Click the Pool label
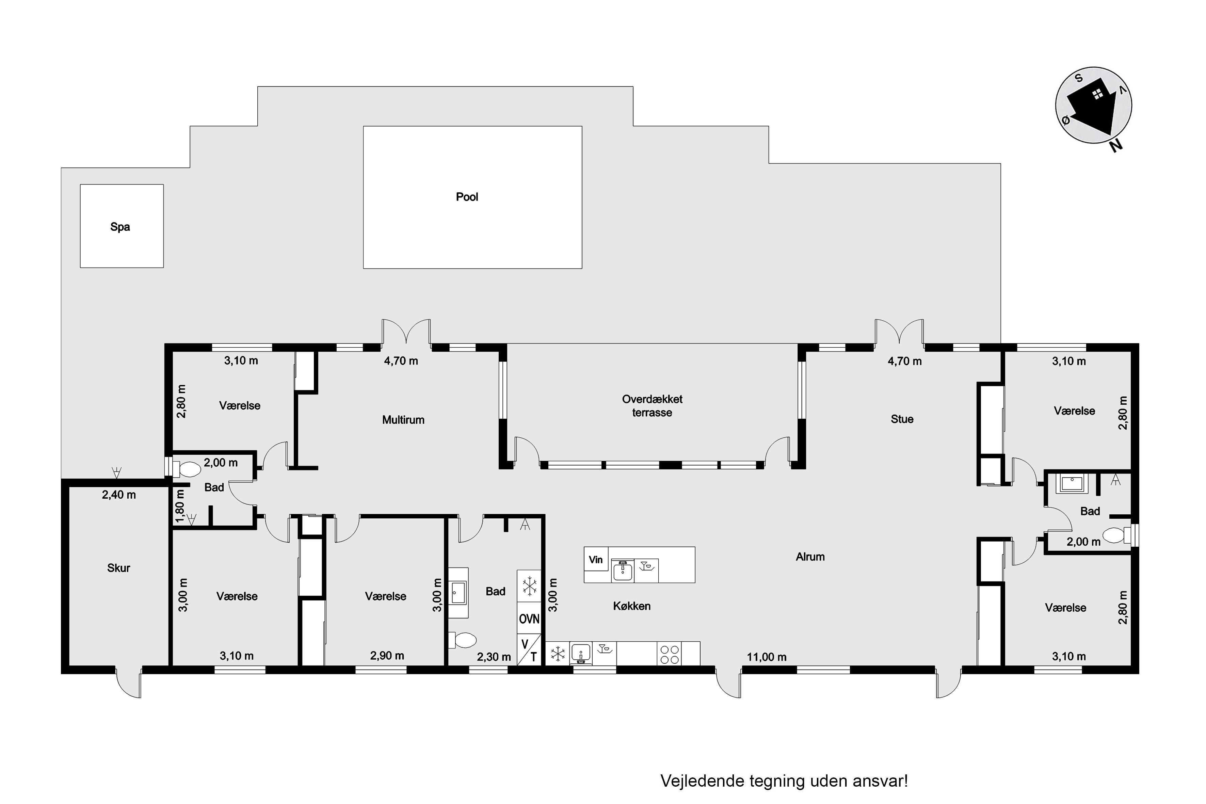467,197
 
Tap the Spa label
120,227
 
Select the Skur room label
118,568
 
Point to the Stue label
902,419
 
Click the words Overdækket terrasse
652,406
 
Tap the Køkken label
632,606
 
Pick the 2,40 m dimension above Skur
119,495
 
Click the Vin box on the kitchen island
596,559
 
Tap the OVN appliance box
529,619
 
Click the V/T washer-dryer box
529,650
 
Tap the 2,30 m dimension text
494,657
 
